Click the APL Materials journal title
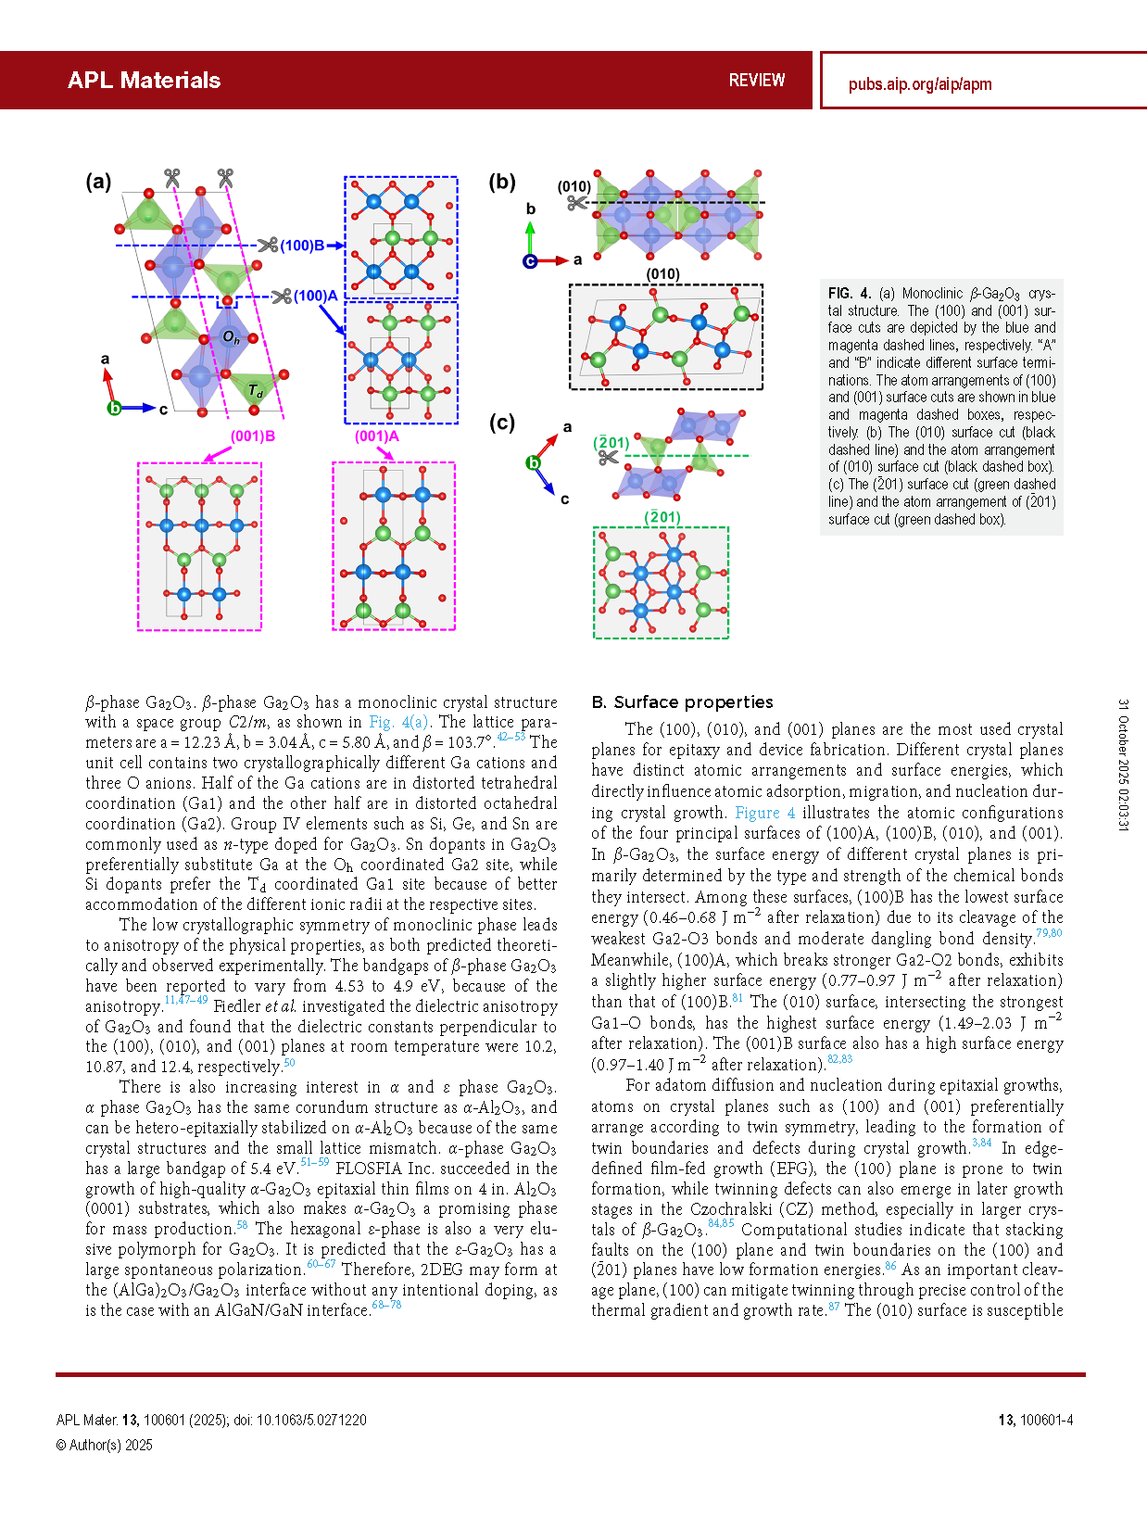coord(144,81)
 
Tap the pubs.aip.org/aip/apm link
coord(919,84)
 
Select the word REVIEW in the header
coord(756,81)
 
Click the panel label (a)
coord(98,182)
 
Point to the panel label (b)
coord(502,182)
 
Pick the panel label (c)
coord(502,423)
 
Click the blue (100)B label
coord(302,246)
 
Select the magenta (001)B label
coord(253,436)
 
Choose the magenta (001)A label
coord(377,436)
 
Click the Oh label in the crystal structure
coord(231,338)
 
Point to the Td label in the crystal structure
coord(256,392)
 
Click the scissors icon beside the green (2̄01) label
coord(609,458)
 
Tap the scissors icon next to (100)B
coord(268,246)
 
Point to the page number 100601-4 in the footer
coord(1045,1420)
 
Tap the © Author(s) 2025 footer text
coord(105,1445)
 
